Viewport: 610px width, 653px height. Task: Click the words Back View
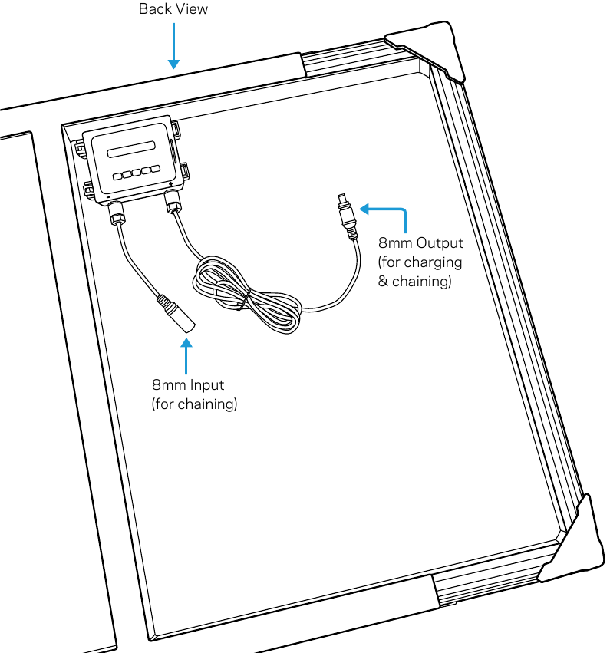(173, 8)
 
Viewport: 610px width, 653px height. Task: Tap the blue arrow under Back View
(173, 46)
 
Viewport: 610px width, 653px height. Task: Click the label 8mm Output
(420, 242)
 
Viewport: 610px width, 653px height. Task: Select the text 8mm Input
(188, 384)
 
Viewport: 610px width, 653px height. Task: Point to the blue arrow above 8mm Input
(186, 356)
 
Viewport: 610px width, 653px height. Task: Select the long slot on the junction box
(131, 149)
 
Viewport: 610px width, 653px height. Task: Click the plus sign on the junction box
(171, 183)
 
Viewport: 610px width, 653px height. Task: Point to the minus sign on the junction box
(108, 196)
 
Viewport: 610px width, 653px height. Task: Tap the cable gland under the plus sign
(173, 201)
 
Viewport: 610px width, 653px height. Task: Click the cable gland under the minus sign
(116, 212)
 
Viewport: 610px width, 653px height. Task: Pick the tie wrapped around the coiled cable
(245, 301)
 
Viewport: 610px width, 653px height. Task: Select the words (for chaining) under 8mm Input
(194, 404)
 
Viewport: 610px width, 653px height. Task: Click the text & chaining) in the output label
(414, 281)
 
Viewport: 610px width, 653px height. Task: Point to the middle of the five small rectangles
(137, 172)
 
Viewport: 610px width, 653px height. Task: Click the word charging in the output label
(433, 262)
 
